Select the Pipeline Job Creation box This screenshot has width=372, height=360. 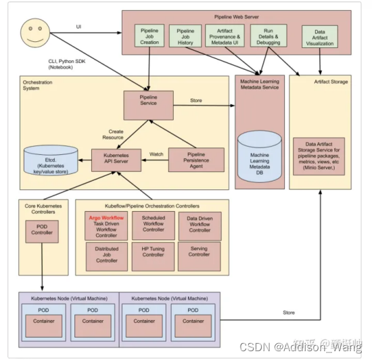(x=149, y=37)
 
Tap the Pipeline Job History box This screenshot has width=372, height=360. (x=185, y=37)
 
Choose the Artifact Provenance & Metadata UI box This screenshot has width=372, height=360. (x=224, y=36)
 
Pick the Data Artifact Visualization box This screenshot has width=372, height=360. (x=319, y=38)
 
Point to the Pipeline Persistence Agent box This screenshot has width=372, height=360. (x=195, y=160)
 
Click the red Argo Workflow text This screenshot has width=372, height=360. (x=106, y=218)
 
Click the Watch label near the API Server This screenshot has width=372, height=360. (x=156, y=154)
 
